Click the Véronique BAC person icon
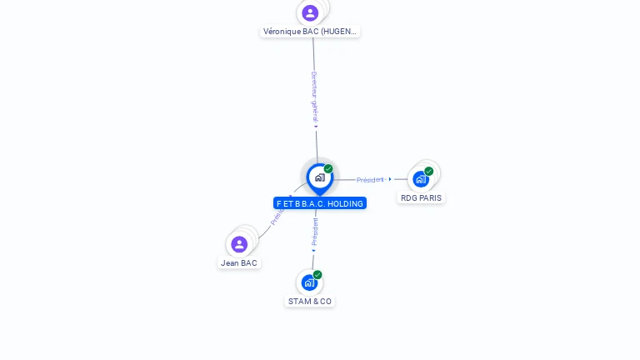point(310,12)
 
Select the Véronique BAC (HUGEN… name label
point(311,32)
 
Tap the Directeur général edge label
point(314,97)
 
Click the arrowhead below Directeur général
point(316,127)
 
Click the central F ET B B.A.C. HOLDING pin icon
point(319,177)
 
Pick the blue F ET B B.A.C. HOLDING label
point(320,203)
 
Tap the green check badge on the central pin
point(328,169)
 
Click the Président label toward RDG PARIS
point(370,179)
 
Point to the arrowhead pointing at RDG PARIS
point(390,179)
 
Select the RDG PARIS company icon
point(421,178)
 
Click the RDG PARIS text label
point(421,198)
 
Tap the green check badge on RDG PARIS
point(429,171)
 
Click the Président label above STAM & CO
point(315,232)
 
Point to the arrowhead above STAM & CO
point(313,250)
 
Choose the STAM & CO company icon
point(309,282)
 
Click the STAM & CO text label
point(310,302)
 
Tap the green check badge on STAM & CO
point(317,275)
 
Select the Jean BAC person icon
point(239,244)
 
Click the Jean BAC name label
point(239,263)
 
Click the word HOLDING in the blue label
point(345,203)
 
